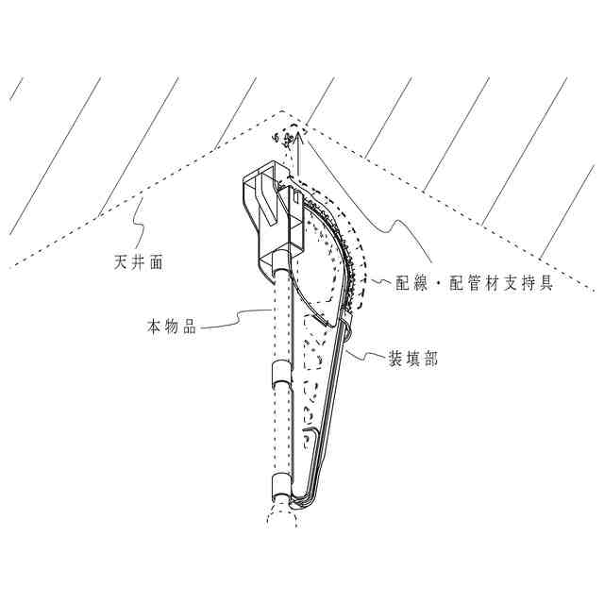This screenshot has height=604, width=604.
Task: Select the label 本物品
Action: coord(171,327)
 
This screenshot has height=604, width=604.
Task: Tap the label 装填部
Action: coord(412,359)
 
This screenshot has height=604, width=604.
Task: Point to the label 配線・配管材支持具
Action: coord(477,283)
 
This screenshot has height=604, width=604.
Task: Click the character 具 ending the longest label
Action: coord(545,283)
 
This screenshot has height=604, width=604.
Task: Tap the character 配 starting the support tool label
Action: coord(408,283)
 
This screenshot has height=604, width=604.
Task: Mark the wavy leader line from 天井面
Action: coord(139,231)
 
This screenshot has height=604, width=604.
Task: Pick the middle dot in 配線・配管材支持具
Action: coord(443,283)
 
